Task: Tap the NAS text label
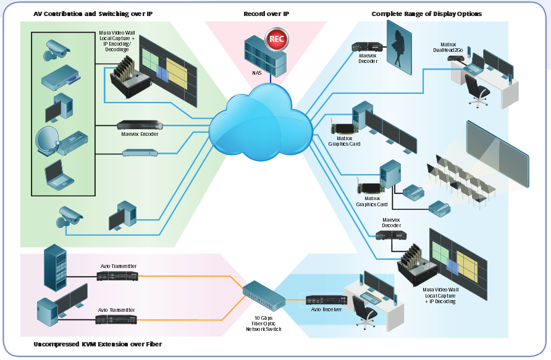pos(257,73)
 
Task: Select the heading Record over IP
pos(266,14)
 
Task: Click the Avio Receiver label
pos(327,310)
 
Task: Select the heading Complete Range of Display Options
pos(426,14)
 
